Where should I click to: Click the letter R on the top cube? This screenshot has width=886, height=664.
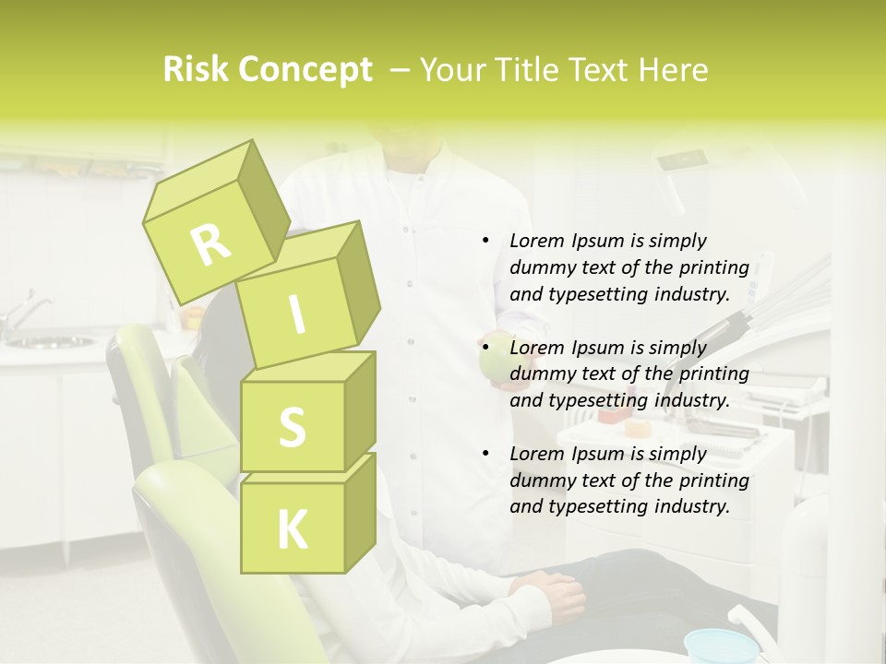[210, 244]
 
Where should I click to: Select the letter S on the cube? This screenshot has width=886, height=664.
[292, 427]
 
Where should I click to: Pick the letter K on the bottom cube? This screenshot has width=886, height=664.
[292, 530]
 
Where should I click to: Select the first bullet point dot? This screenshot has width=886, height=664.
[486, 241]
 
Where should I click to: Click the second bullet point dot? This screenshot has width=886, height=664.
[486, 348]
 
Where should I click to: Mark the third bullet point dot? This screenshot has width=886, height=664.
[486, 454]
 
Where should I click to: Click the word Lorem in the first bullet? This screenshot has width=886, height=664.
[536, 241]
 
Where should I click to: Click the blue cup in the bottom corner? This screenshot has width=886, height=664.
[721, 645]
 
